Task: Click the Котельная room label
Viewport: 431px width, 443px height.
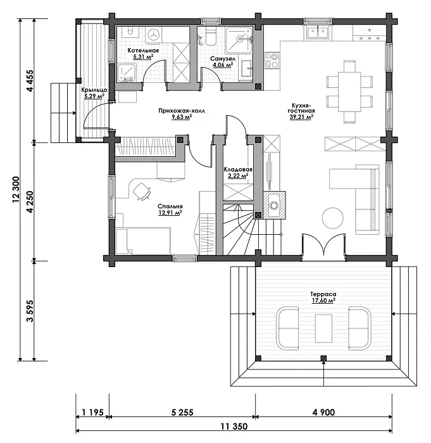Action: pos(143,51)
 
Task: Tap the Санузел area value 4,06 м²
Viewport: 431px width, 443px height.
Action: pos(223,65)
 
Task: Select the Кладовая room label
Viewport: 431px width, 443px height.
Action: pos(238,170)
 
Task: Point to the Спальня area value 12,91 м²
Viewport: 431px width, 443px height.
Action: pos(170,213)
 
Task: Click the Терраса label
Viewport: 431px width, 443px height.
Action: pos(323,294)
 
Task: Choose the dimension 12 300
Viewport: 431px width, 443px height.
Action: pos(16,190)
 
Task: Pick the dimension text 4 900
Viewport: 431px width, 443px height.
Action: pos(323,412)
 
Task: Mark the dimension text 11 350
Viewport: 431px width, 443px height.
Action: pos(234,427)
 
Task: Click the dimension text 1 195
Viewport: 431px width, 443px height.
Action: pos(92,412)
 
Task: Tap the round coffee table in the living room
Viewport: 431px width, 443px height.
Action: pos(333,218)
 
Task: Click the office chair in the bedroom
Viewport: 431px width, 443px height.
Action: pos(142,191)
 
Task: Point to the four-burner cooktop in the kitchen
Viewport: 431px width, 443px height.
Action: pos(272,60)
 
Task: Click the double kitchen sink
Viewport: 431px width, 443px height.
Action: pos(318,32)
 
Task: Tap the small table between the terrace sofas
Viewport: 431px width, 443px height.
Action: pos(323,328)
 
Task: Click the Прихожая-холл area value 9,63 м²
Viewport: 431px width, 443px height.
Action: pos(182,116)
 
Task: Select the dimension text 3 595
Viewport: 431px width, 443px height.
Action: pos(30,311)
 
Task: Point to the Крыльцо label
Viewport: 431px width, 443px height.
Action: pos(94,90)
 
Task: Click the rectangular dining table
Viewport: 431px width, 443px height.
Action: pos(349,92)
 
